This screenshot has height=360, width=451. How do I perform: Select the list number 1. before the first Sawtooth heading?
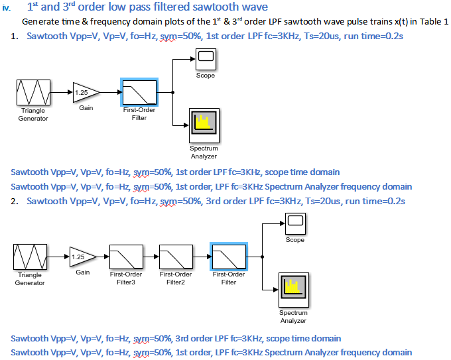[x=15, y=36]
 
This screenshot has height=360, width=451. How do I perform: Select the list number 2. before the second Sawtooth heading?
[x=15, y=201]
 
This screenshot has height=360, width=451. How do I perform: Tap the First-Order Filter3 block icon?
[x=125, y=255]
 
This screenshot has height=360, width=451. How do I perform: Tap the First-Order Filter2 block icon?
[x=176, y=255]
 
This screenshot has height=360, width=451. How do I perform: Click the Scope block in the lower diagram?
[x=295, y=222]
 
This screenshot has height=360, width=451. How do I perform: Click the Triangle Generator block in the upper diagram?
[x=33, y=92]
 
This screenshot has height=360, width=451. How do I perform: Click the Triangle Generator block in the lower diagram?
[x=30, y=257]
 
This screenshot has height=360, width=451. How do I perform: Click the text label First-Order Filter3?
[x=125, y=278]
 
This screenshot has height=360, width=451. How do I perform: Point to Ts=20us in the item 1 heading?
[x=328, y=36]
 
